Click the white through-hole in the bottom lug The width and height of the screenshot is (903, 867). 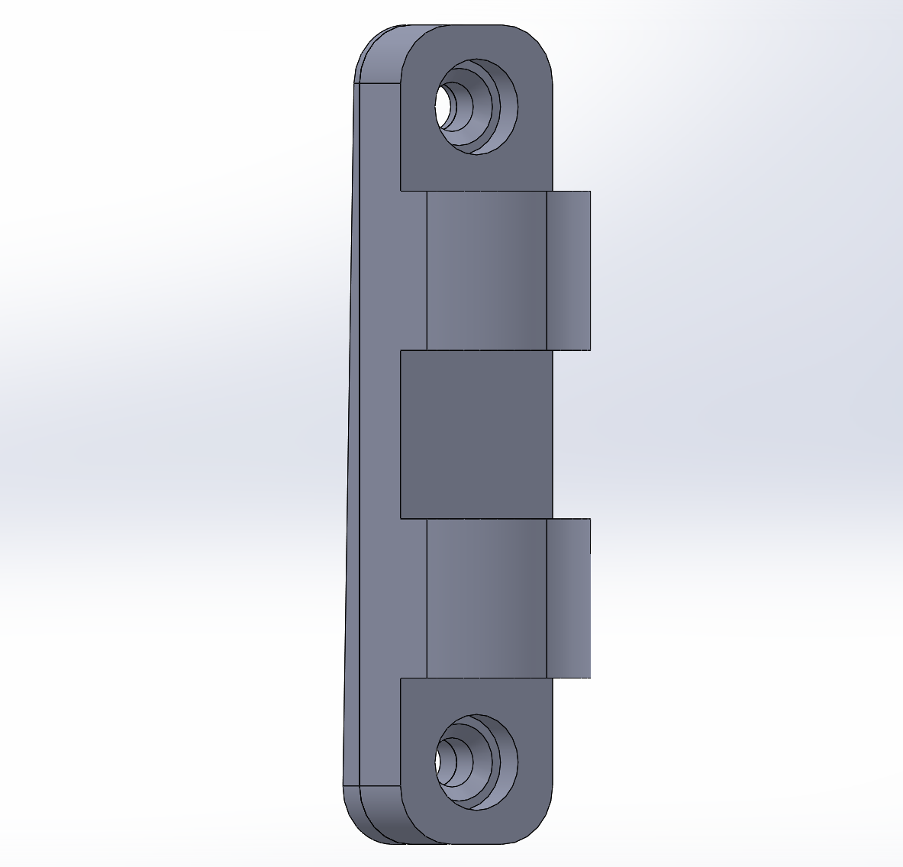442,760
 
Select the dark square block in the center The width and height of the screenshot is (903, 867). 476,433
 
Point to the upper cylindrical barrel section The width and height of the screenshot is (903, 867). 486,270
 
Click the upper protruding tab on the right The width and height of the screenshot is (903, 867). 569,270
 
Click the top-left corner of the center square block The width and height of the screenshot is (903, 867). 402,351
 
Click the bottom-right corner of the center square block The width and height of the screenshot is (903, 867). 550,517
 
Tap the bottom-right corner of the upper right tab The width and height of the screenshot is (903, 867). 590,350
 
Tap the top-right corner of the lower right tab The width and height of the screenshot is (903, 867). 590,520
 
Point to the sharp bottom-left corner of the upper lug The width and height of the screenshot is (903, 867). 402,190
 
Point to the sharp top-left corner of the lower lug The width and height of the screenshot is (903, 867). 402,678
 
